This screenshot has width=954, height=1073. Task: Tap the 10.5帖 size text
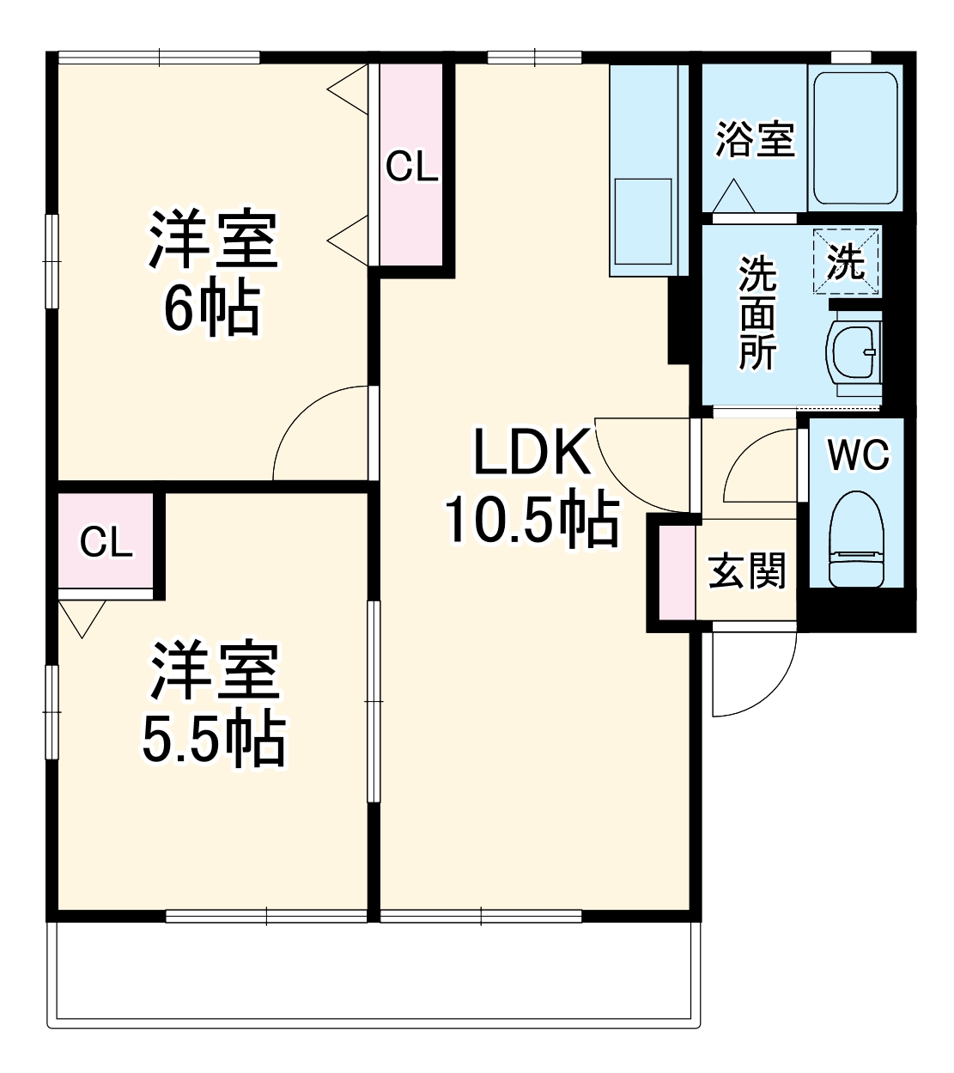[x=531, y=521]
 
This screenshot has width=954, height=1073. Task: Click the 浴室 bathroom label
[x=755, y=140]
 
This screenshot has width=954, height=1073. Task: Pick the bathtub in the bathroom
[x=855, y=138]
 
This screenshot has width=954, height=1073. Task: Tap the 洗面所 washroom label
[x=757, y=313]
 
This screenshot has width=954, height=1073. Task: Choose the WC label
[x=858, y=454]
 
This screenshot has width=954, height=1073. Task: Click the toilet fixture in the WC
[x=855, y=539]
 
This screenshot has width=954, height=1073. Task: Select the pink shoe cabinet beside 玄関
[x=677, y=570]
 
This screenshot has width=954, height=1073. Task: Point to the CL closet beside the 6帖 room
[x=411, y=166]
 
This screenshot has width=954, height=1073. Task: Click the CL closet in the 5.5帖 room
[x=106, y=542]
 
